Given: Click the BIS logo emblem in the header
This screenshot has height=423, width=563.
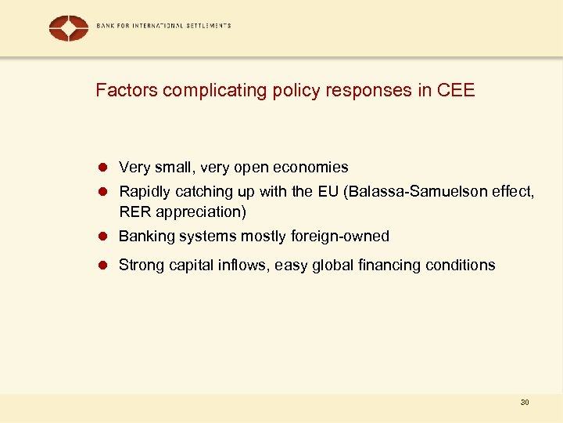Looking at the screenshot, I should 69,28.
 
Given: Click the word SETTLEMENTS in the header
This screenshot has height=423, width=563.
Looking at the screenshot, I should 207,26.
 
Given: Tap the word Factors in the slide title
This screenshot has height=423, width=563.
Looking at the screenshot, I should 122,90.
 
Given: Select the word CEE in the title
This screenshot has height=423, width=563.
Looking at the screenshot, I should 456,90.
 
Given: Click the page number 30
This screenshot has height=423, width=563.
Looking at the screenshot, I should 524,403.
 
